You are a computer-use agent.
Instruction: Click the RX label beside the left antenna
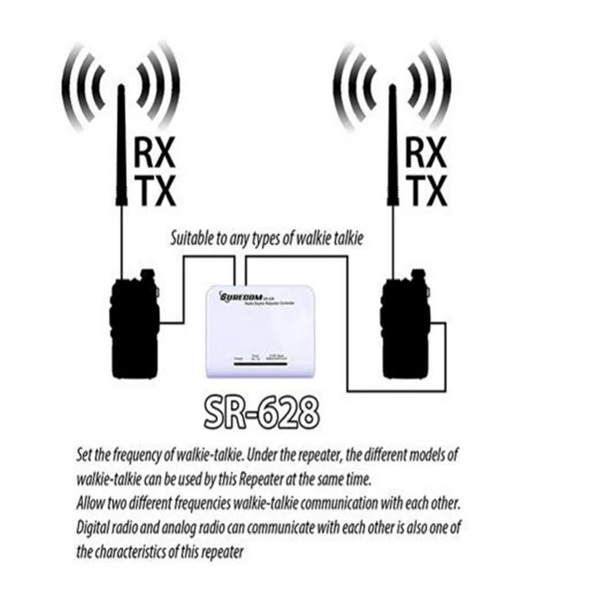pyautogui.click(x=154, y=154)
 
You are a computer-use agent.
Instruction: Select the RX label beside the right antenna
pyautogui.click(x=426, y=154)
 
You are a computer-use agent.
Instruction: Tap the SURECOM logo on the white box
pyautogui.click(x=239, y=296)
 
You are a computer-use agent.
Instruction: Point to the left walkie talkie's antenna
pyautogui.click(x=120, y=180)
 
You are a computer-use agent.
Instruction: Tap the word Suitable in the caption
pyautogui.click(x=191, y=239)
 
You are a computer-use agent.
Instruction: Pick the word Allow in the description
pyautogui.click(x=90, y=501)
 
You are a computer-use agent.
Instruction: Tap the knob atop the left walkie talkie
pyautogui.click(x=145, y=275)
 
